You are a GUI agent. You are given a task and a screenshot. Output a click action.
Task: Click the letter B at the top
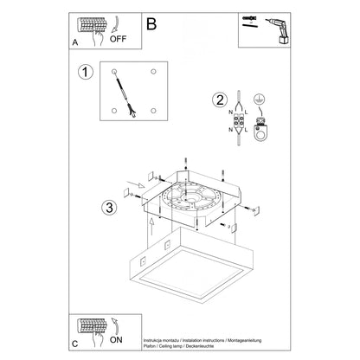(x=153, y=25)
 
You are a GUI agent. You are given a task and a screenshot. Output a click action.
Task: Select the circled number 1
(x=84, y=72)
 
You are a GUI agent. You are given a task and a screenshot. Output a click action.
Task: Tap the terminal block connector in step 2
(x=235, y=117)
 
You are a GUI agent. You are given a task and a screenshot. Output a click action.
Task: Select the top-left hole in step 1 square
(x=113, y=70)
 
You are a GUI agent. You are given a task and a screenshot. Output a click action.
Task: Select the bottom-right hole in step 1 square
(x=152, y=111)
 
